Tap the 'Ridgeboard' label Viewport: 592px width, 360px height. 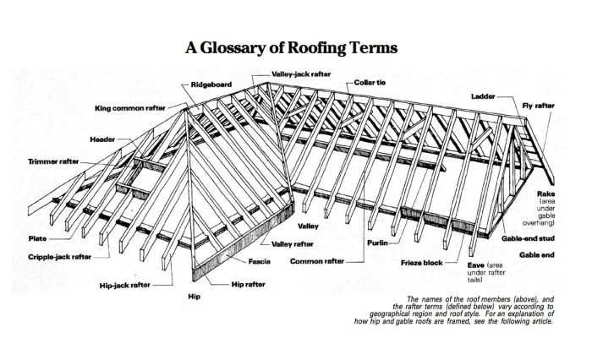pos(211,85)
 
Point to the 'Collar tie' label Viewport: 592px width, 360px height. pos(371,83)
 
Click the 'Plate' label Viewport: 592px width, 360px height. pos(37,239)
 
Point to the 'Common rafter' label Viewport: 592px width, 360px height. pos(317,262)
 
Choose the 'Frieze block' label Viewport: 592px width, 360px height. pos(423,263)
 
